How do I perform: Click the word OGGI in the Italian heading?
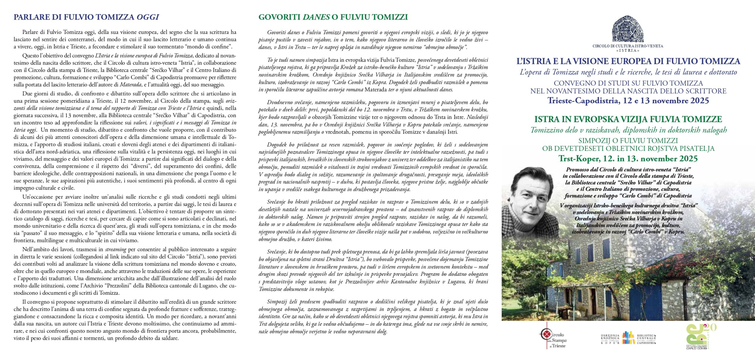[148, 17]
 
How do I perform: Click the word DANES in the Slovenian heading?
[316, 17]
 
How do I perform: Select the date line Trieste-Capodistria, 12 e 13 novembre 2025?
[628, 101]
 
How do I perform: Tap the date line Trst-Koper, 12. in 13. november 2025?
[628, 159]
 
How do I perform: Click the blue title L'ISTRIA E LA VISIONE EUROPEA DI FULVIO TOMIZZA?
[628, 61]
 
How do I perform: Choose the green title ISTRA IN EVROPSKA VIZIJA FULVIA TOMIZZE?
[628, 120]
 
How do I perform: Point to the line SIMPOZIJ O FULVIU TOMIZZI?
[628, 141]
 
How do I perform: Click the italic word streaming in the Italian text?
[116, 250]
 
